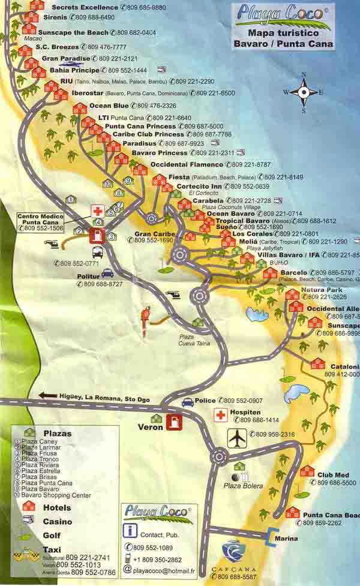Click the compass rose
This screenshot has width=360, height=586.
point(304,92)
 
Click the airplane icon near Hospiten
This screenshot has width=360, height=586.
point(237,438)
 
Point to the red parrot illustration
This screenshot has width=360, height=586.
point(146,316)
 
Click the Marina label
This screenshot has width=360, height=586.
point(286,539)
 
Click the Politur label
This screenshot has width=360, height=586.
point(88,276)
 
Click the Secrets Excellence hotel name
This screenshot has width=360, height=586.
point(84,7)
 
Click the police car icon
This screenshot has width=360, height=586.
point(188,402)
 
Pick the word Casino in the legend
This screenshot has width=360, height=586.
point(57,522)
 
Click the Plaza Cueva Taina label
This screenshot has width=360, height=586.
point(190,340)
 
